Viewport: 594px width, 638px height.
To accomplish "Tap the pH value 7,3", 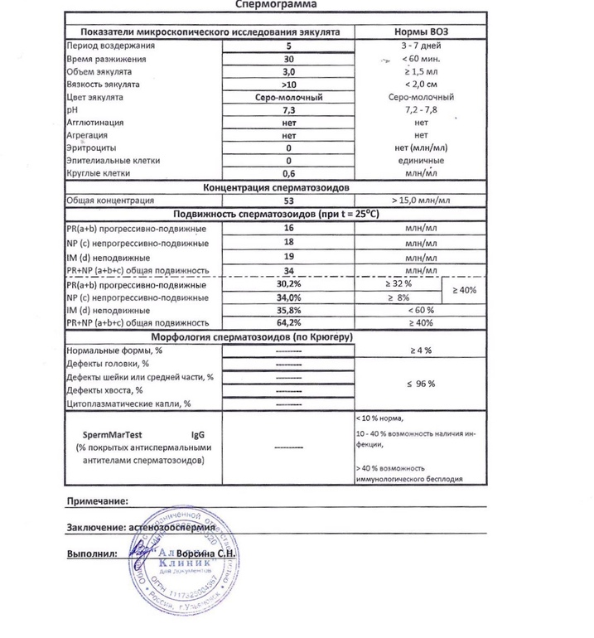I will pos(289,110).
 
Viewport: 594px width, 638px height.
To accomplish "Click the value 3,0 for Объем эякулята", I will pos(289,72).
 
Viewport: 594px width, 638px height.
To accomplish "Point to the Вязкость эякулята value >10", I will pos(289,85).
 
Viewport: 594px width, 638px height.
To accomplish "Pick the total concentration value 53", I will pos(289,201).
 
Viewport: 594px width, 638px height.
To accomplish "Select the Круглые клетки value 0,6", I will pos(289,173).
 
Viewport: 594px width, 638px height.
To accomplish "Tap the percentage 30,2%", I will pos(289,284).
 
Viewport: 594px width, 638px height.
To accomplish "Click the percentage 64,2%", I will pos(289,322).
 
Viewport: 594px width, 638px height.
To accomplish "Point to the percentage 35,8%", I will pos(289,310).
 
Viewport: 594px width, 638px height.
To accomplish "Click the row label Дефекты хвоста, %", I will pos(104,390).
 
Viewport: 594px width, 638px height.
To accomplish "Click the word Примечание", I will pos(97,501).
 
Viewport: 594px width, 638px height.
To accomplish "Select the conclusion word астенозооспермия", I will pos(177,528).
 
